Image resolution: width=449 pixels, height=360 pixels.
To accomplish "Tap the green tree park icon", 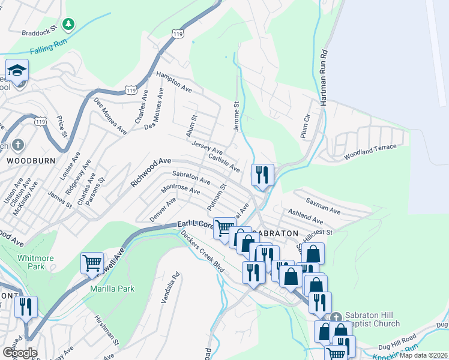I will pyautogui.click(x=70, y=24).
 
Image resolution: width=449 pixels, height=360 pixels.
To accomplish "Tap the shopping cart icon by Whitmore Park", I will pyautogui.click(x=92, y=263).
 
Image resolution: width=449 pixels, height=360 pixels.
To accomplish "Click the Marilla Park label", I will pyautogui.click(x=112, y=289).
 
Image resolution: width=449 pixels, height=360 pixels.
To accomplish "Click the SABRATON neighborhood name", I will pyautogui.click(x=275, y=233).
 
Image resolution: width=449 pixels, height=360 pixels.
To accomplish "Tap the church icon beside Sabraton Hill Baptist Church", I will pyautogui.click(x=336, y=316).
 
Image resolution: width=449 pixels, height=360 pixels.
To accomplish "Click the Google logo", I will pyautogui.click(x=20, y=352).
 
